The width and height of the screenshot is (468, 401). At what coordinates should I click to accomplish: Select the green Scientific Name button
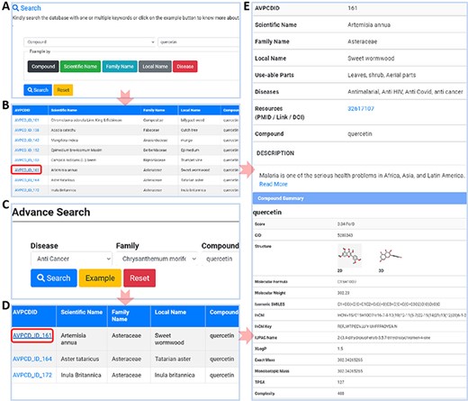[x=85, y=67]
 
